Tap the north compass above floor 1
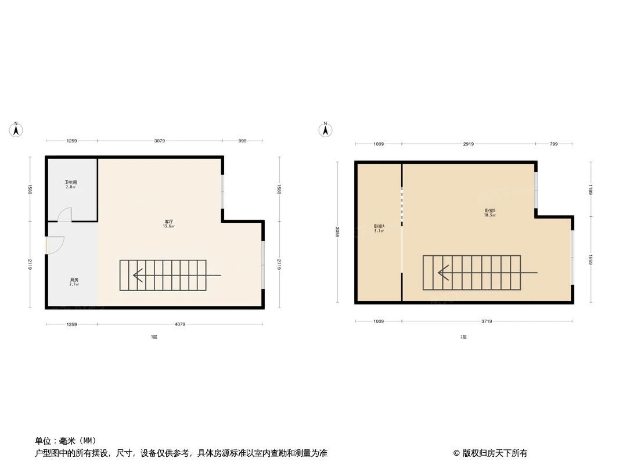[x=17, y=130]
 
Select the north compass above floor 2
[x=326, y=130]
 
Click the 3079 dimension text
[x=160, y=141]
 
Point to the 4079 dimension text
[x=180, y=324]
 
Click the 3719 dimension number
[x=487, y=321]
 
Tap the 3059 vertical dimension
[x=337, y=233]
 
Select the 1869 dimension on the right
[x=591, y=259]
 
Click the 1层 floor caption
[x=154, y=337]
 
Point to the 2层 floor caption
[x=463, y=337]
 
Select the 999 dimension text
[x=242, y=141]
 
